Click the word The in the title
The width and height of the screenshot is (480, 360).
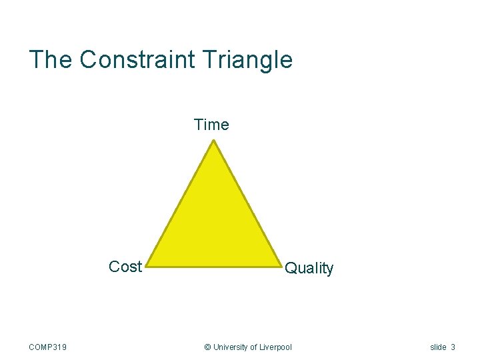[51, 60]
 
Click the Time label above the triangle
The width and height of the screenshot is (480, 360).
[211, 125]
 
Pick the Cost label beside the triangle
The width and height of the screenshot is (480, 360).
[125, 267]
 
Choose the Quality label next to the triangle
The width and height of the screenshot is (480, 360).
[309, 269]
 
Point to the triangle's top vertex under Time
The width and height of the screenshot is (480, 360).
[213, 141]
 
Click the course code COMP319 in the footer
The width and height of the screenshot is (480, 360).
[48, 347]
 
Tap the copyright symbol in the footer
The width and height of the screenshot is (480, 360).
[207, 347]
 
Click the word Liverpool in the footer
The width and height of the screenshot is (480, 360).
[275, 347]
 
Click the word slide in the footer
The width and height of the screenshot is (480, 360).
[438, 347]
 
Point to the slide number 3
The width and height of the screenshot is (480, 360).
[453, 347]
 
